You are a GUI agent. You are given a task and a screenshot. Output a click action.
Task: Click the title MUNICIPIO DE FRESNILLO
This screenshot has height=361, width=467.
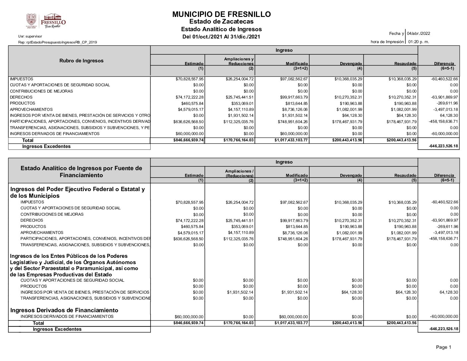pyautogui.click(x=221, y=14)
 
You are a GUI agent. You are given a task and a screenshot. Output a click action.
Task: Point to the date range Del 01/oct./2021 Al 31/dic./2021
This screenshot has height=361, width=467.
pyautogui.click(x=221, y=36)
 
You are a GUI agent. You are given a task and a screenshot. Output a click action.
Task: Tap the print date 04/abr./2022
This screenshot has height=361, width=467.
pyautogui.click(x=419, y=34)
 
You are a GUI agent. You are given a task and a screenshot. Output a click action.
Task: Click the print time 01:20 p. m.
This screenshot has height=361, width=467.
pyautogui.click(x=419, y=42)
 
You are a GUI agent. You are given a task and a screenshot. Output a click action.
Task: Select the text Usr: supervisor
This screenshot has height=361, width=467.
pyautogui.click(x=30, y=36)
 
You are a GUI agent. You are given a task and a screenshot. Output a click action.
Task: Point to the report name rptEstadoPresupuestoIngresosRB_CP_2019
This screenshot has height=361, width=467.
pyautogui.click(x=57, y=42)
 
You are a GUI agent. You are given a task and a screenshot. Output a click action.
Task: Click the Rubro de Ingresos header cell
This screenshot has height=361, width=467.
pyautogui.click(x=81, y=61)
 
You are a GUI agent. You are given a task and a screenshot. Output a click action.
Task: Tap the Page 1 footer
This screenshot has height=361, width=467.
pyautogui.click(x=443, y=347)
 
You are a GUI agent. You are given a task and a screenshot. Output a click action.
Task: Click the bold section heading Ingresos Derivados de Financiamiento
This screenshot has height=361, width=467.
pyautogui.click(x=64, y=310)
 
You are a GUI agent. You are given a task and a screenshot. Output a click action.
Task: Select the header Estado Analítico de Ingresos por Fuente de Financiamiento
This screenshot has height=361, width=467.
pyautogui.click(x=81, y=172)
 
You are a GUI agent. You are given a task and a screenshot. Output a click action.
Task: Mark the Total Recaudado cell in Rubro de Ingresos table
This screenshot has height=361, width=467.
pyautogui.click(x=401, y=140)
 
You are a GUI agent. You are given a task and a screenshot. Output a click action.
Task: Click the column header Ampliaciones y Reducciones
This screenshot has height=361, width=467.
pyautogui.click(x=239, y=61)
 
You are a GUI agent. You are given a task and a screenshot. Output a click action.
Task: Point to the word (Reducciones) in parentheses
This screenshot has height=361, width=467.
pyautogui.click(x=239, y=176)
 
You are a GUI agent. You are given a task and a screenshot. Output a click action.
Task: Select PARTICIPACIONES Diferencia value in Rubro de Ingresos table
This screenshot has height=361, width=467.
pyautogui.click(x=443, y=121)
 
